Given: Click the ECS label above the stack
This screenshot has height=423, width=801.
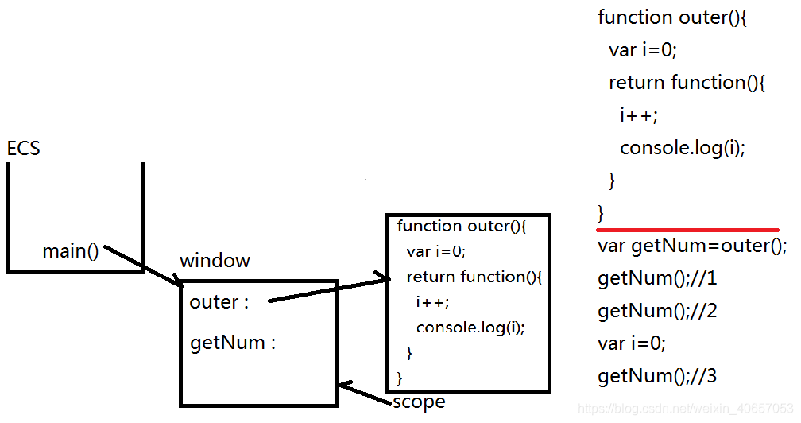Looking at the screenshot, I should tap(23, 149).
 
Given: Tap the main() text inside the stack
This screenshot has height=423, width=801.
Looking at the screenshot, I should tap(70, 252).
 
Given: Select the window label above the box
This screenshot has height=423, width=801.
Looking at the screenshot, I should tap(215, 261).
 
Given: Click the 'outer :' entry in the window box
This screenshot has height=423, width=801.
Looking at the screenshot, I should tap(219, 302).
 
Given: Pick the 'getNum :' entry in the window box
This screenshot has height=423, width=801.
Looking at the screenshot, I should tap(232, 343).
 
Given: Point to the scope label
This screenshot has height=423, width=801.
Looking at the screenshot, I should tap(419, 402).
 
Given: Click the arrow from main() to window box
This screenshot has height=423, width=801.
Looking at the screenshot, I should tap(143, 266).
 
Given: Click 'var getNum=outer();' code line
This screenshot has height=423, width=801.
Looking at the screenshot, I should tap(691, 246).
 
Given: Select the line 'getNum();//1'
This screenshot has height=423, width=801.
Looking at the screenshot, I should tap(657, 279).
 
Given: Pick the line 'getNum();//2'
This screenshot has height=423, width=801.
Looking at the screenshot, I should tap(657, 311).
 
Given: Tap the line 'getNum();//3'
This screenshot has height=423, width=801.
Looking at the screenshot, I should tap(657, 376).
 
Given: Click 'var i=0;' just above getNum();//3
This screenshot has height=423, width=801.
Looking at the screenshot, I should tap(632, 343).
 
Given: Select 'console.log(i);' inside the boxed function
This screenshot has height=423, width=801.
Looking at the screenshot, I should tap(470, 327).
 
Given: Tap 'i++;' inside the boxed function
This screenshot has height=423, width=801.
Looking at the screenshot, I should tap(431, 302).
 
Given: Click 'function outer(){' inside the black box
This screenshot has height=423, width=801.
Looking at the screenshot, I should tap(462, 227).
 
